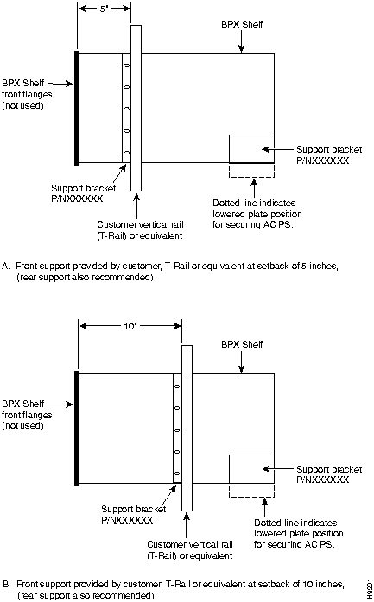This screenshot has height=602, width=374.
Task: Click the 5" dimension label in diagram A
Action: [103, 9]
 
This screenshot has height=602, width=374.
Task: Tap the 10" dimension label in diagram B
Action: [130, 326]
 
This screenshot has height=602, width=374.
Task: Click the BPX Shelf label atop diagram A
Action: [242, 24]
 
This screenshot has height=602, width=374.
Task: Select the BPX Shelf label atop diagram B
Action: [242, 344]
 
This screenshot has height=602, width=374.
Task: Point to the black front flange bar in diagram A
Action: [77, 109]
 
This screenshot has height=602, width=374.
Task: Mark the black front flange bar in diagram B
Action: [77, 428]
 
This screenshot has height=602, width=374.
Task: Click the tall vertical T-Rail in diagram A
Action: [136, 109]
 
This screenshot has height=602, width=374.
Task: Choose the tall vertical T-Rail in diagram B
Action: [187, 428]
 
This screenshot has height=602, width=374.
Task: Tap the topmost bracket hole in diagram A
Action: [126, 66]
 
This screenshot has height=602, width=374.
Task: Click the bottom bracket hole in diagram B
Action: [177, 473]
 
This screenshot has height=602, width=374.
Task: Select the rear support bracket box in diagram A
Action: [251, 148]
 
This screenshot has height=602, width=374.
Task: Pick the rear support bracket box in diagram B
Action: [251, 469]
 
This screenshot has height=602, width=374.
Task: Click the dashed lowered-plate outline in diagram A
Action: [251, 177]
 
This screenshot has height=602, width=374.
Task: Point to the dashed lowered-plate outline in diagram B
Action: [251, 497]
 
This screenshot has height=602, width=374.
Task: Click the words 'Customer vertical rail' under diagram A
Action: [140, 224]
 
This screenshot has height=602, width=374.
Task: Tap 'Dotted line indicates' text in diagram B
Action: [295, 523]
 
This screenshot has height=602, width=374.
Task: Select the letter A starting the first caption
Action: [5, 266]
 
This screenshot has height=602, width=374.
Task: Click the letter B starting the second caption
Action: [6, 585]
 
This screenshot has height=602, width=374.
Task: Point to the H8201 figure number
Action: [369, 587]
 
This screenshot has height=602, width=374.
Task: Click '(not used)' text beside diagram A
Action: [22, 105]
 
